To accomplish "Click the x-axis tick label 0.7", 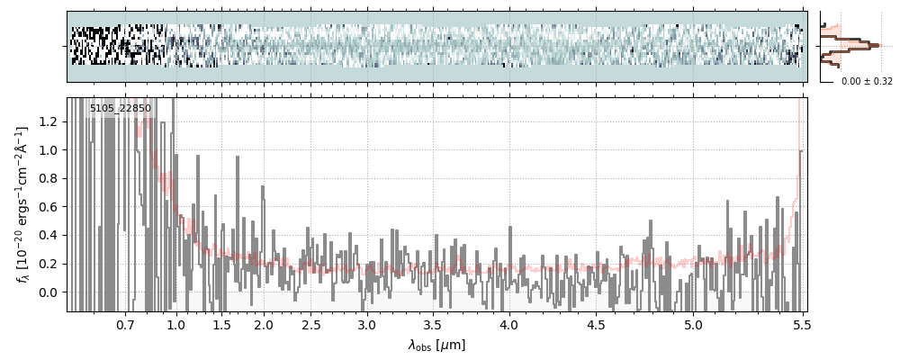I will click(125, 324).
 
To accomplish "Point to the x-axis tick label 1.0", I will click(176, 324).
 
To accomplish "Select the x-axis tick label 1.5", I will click(221, 324).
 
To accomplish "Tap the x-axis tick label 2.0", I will click(264, 324).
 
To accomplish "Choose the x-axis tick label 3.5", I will click(432, 324).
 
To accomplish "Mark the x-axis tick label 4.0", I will click(508, 324).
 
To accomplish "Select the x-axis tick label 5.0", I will click(694, 324).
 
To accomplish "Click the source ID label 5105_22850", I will click(121, 109).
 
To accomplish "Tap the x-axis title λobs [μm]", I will click(436, 345).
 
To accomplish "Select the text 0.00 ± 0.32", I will click(867, 81).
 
